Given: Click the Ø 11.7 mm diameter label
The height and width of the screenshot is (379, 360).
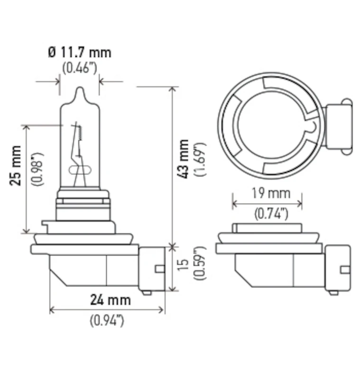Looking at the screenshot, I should pos(79,52).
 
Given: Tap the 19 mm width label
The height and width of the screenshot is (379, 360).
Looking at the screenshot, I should pos(267,193).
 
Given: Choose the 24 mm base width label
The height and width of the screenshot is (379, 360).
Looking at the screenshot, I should pos(111,299).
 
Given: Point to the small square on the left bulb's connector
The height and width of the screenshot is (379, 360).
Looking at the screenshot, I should pos(160,269).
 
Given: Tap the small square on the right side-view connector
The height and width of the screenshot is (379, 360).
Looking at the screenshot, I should pos(345,270).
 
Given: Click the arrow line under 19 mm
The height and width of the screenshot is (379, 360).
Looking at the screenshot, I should pos(267,204).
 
